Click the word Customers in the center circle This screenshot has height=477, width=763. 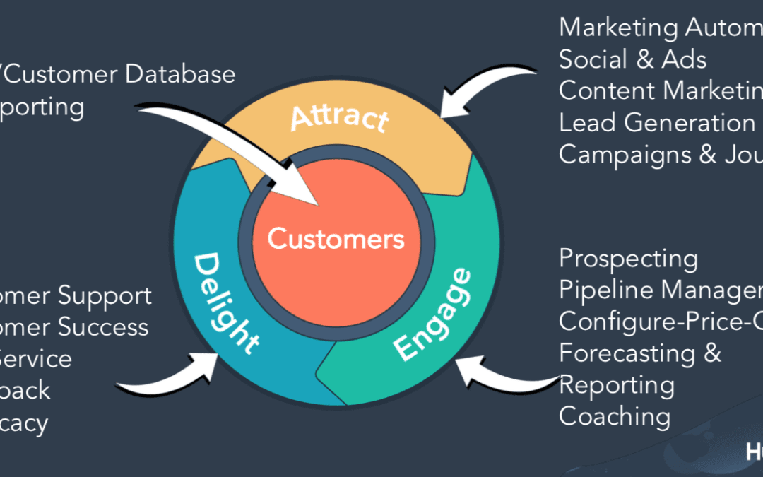tap(336, 239)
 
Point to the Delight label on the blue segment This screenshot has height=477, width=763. tap(225, 303)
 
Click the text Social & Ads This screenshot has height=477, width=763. tap(632, 59)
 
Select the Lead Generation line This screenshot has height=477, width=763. tap(657, 123)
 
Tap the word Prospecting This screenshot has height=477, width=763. tap(628, 259)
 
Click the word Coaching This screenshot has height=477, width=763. tap(614, 416)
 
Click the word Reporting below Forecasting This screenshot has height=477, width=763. tap(616, 385)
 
